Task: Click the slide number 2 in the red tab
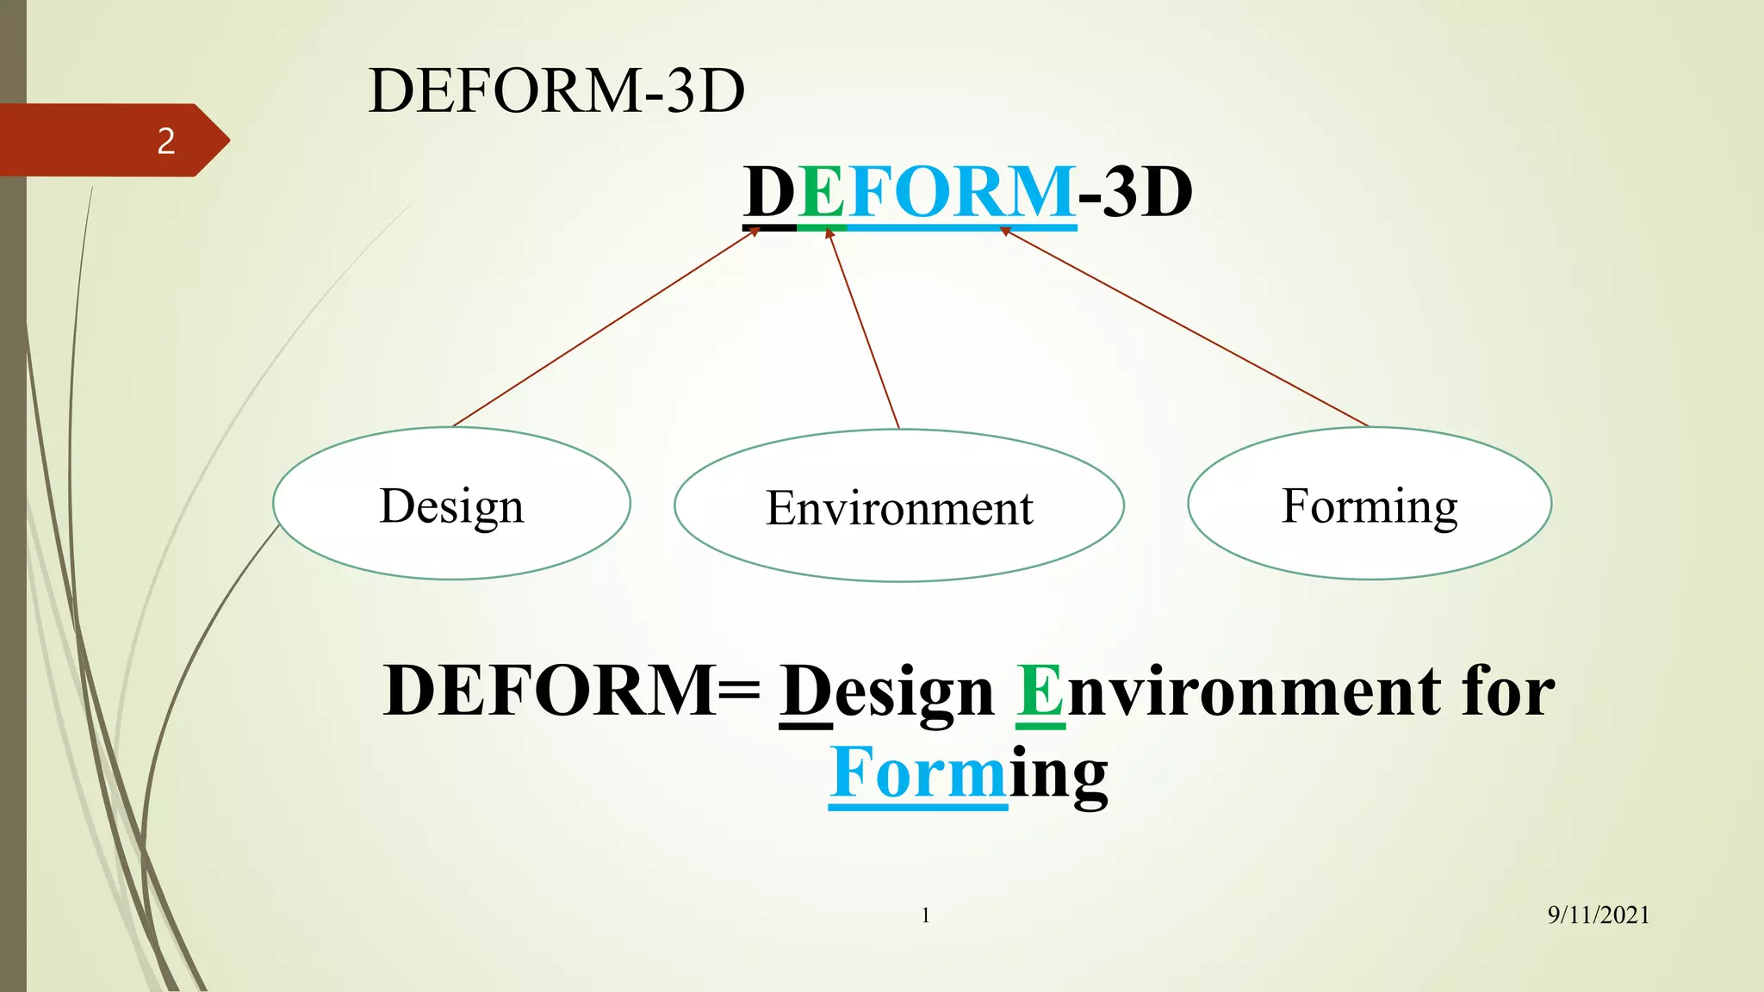pyautogui.click(x=166, y=141)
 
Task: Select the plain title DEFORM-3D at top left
pyautogui.click(x=556, y=90)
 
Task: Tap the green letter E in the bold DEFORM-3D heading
pyautogui.click(x=822, y=192)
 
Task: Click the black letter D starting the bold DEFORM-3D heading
pyautogui.click(x=769, y=192)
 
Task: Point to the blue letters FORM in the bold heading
pyautogui.click(x=961, y=192)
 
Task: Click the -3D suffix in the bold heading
pyautogui.click(x=1135, y=192)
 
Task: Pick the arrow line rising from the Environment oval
pyautogui.click(x=864, y=330)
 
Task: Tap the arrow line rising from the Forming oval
pyautogui.click(x=1185, y=328)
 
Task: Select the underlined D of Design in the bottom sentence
pyautogui.click(x=805, y=692)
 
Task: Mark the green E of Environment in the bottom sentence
pyautogui.click(x=1040, y=692)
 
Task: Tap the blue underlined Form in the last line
pyautogui.click(x=917, y=773)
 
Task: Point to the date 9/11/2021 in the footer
pyautogui.click(x=1598, y=915)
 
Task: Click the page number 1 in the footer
pyautogui.click(x=926, y=915)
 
